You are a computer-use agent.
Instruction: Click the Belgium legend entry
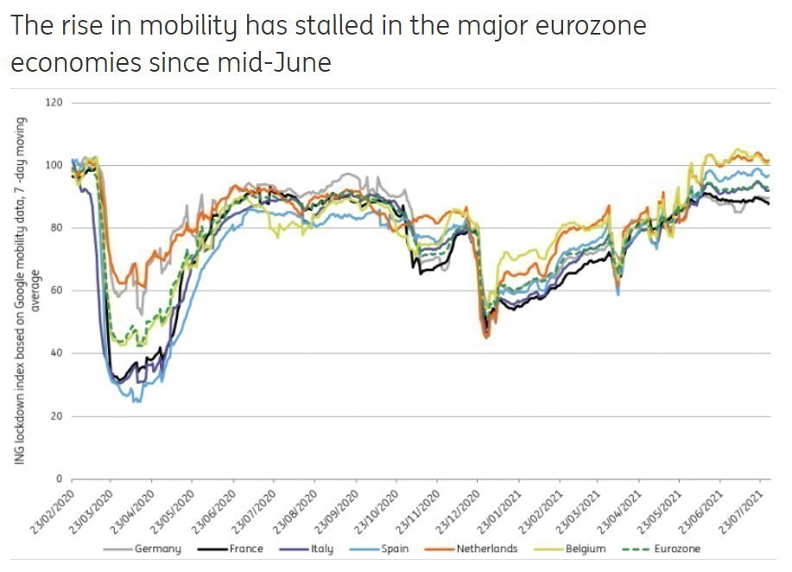[580, 549]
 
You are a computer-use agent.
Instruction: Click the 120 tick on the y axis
[55, 103]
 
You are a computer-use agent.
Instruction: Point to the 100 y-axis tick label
[55, 165]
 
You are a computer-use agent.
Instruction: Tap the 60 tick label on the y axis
[58, 290]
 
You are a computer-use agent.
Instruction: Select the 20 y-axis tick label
[58, 416]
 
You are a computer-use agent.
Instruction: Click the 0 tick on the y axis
[60, 479]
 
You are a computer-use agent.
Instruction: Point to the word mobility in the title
[169, 26]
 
